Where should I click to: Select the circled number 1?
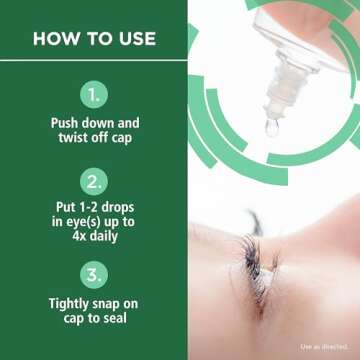tap(94, 95)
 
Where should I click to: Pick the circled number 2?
tap(94, 181)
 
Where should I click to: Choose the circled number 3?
tap(94, 275)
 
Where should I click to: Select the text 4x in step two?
tap(78, 236)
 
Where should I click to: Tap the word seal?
tap(114, 318)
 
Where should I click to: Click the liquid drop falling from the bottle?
tap(272, 127)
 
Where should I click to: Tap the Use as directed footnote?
tap(325, 347)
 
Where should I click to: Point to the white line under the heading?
tap(94, 60)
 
